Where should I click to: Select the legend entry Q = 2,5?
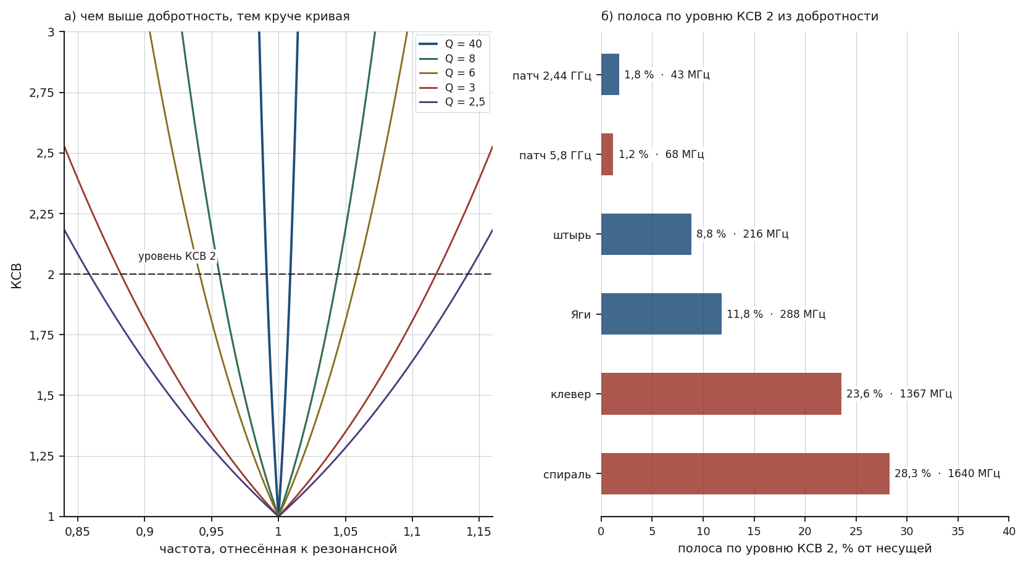[452, 102]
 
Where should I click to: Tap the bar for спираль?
[745, 473]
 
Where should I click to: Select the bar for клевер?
[721, 394]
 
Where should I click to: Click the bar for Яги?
[661, 314]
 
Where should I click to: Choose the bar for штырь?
[646, 234]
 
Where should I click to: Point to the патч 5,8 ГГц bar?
[607, 154]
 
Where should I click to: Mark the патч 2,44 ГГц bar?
[610, 75]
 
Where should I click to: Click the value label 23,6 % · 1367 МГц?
[899, 394]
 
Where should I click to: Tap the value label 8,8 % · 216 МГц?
[743, 234]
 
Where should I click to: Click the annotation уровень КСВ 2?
[177, 256]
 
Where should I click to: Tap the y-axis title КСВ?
[17, 276]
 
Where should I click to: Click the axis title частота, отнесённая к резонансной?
[278, 549]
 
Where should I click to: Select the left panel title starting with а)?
[207, 17]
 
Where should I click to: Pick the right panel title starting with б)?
[740, 17]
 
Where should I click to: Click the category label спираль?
[567, 475]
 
